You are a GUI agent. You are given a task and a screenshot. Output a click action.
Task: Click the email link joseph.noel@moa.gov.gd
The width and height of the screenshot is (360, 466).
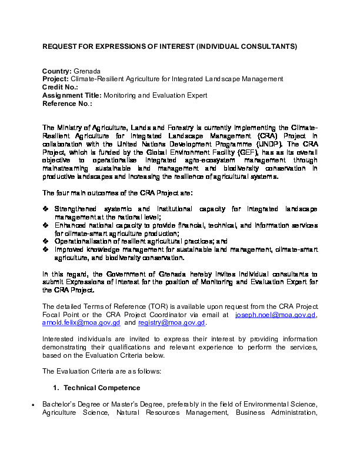(276, 315)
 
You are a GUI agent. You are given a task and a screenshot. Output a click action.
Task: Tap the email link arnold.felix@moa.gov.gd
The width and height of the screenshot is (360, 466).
(81, 323)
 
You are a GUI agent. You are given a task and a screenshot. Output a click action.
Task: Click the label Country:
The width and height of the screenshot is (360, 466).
(57, 71)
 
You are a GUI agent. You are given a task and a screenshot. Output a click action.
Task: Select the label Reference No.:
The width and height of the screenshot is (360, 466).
(67, 104)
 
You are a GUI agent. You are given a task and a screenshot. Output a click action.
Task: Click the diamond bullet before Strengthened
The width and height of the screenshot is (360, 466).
(46, 209)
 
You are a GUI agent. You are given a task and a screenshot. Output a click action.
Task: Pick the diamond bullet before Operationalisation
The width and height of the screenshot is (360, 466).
(46, 241)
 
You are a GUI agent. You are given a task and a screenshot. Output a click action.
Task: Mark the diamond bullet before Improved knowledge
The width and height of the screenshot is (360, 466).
(46, 249)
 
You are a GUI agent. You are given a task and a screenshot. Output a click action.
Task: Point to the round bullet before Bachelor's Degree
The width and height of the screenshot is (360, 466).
(34, 405)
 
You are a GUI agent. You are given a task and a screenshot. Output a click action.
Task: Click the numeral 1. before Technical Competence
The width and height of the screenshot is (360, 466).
(56, 388)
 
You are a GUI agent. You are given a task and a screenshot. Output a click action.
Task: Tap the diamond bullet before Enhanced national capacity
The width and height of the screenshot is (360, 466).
(46, 225)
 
